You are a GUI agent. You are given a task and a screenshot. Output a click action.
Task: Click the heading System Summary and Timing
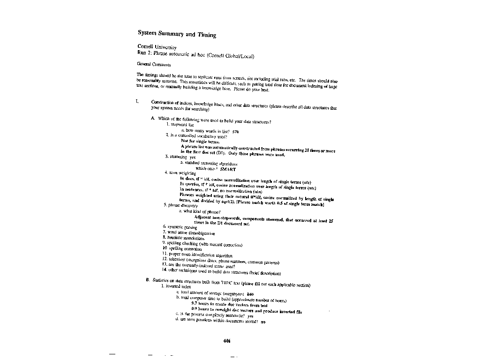pos(177,34)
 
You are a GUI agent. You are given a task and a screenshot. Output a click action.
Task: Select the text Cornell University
pos(157,47)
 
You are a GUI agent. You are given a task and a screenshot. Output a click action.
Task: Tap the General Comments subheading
pos(154,64)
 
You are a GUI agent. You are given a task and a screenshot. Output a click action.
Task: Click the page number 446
pos(227,341)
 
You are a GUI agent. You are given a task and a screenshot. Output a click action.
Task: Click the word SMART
pos(228,169)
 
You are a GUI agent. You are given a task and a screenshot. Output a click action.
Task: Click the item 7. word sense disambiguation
pos(188,233)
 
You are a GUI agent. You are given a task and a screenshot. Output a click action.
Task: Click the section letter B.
pos(147,280)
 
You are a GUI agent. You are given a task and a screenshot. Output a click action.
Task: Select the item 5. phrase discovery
pos(180,205)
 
